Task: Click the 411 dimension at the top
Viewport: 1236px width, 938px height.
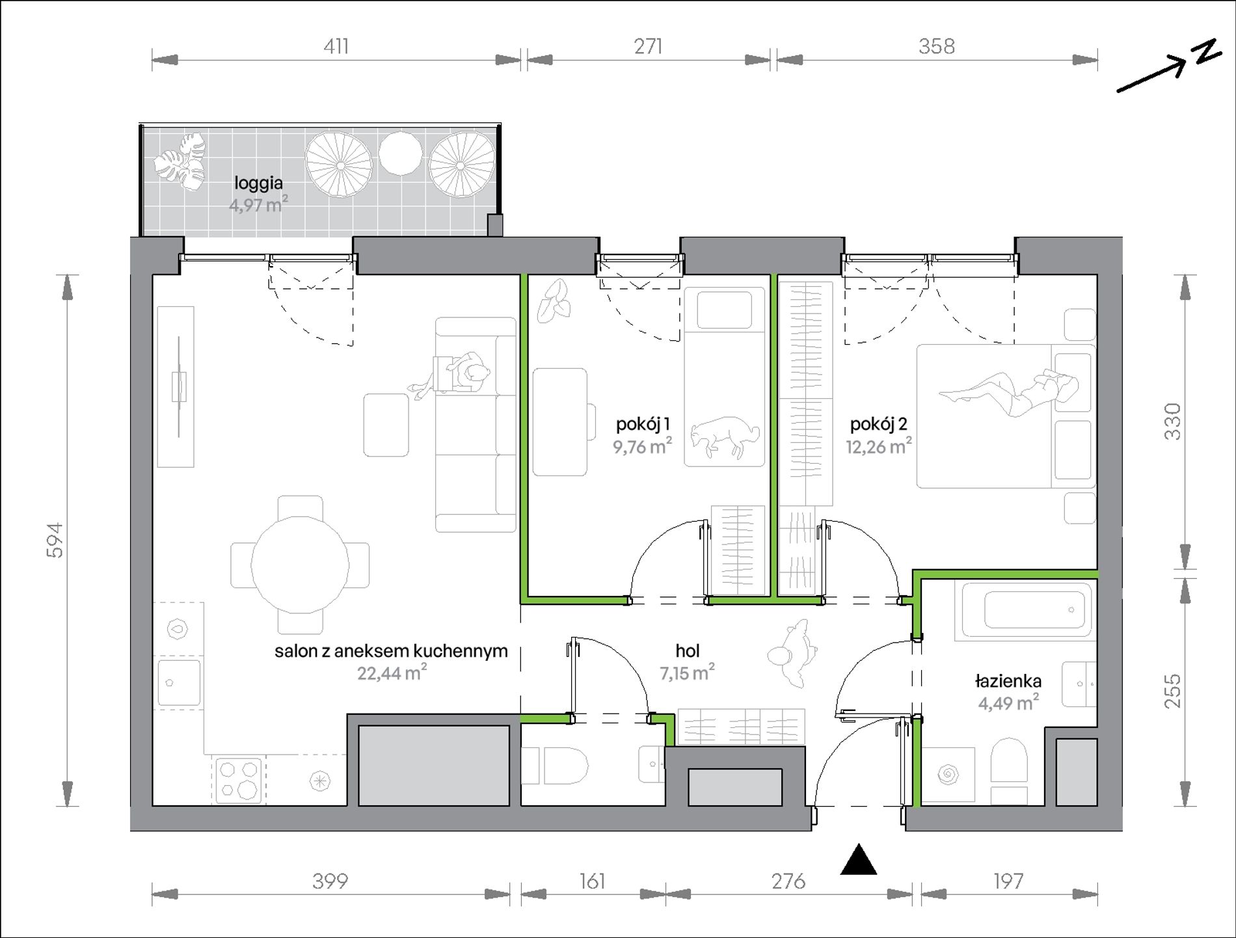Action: [x=336, y=46]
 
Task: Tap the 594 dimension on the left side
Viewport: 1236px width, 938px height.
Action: [x=56, y=540]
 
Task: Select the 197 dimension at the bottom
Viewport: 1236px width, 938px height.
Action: [x=1008, y=881]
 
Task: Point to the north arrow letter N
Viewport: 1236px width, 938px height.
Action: [x=1208, y=53]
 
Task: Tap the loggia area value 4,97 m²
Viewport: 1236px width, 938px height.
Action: [x=258, y=205]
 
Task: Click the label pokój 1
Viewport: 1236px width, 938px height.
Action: [x=643, y=425]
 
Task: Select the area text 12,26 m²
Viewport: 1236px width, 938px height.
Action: [x=879, y=446]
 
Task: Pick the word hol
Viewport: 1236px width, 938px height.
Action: [x=688, y=650]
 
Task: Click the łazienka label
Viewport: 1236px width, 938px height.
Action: [x=1008, y=681]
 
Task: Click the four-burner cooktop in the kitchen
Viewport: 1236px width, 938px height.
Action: [x=237, y=780]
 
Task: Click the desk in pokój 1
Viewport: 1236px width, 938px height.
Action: [x=560, y=422]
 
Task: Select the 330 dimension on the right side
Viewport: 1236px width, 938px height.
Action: [x=1172, y=421]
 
